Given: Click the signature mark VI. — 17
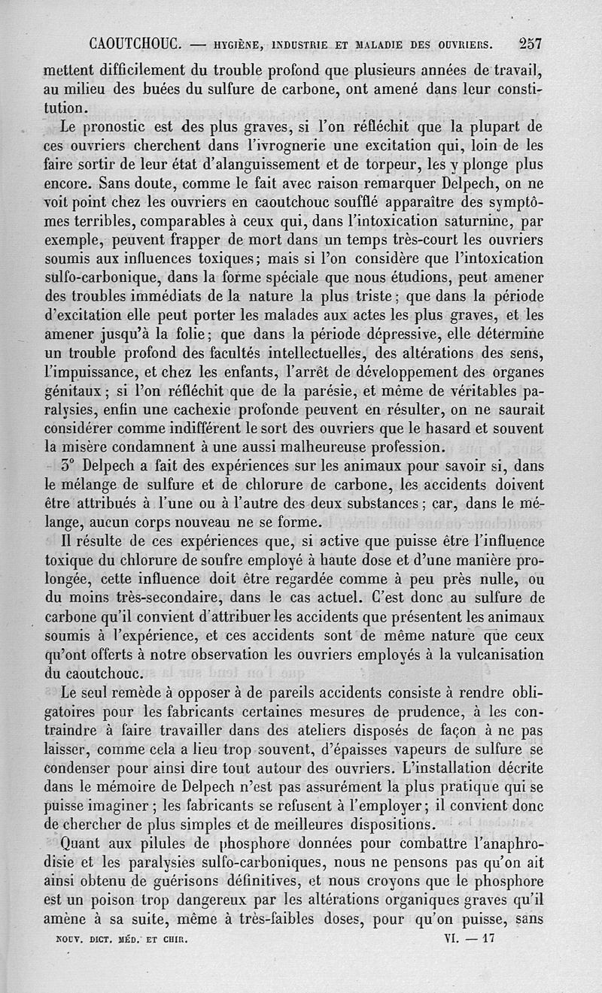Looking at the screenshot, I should tap(468, 938).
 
